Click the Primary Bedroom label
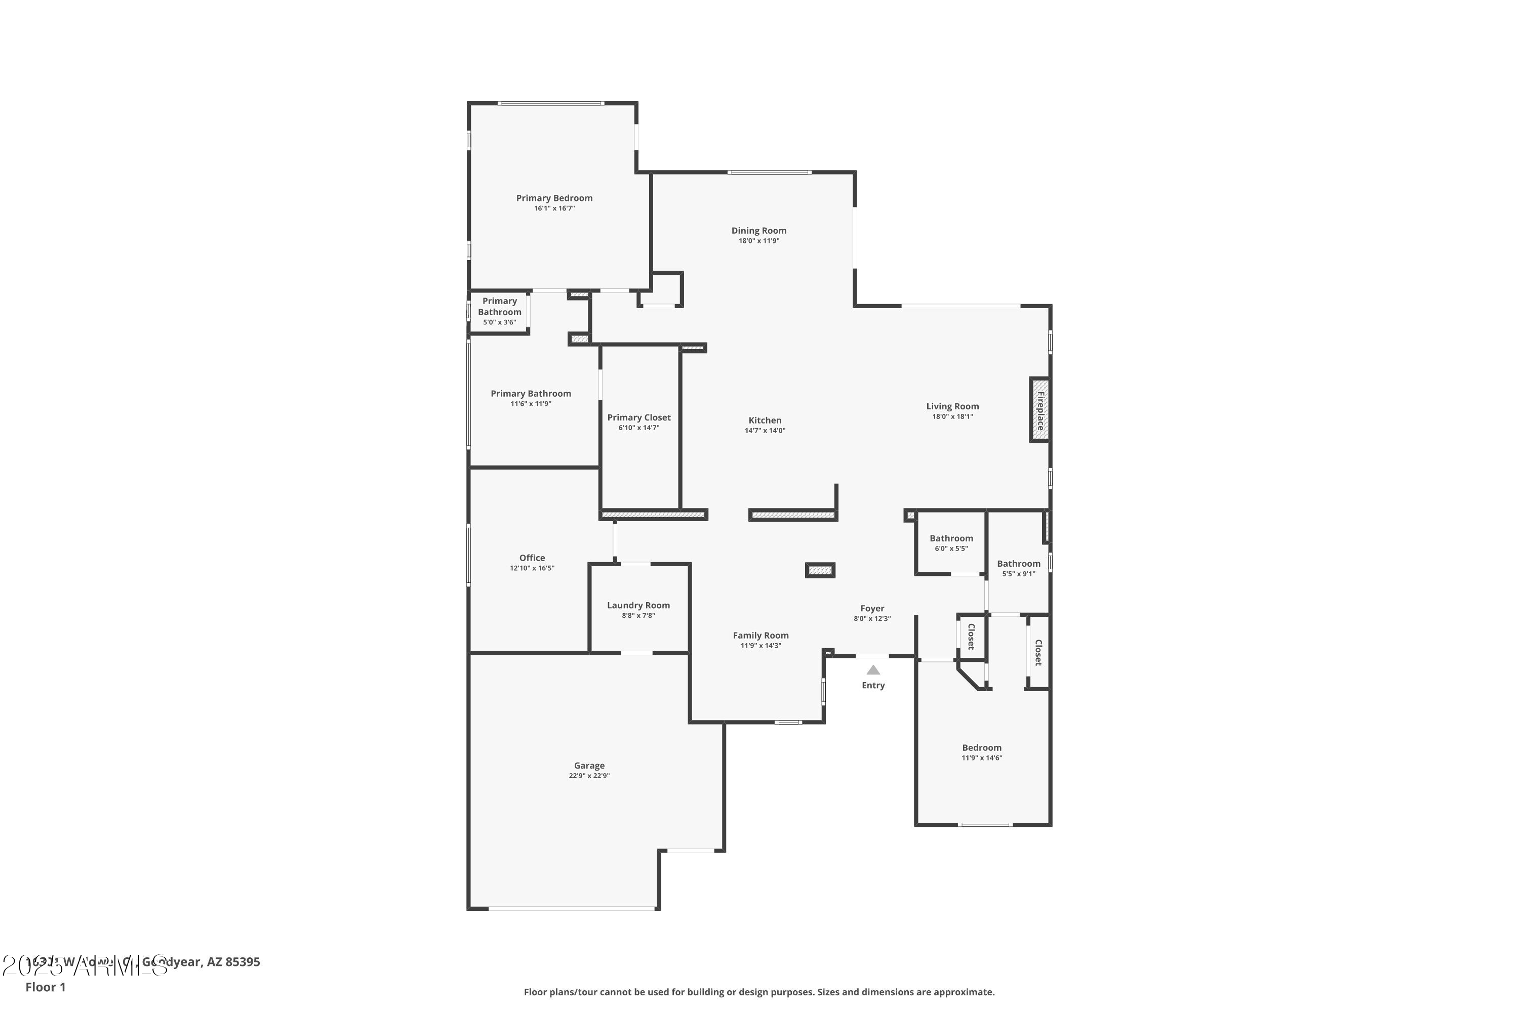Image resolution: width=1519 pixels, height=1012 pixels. (x=553, y=198)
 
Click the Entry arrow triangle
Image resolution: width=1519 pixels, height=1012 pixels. (x=872, y=670)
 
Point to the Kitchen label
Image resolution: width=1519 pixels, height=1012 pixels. (x=765, y=420)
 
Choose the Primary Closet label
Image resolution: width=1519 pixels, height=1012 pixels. (x=638, y=417)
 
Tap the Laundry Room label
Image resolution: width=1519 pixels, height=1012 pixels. (x=638, y=605)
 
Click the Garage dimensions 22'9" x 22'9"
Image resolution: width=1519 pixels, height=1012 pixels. (x=588, y=776)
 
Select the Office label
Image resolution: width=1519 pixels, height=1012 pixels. (x=532, y=558)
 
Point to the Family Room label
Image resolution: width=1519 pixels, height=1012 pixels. (x=760, y=635)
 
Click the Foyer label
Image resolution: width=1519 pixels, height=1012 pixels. (x=872, y=608)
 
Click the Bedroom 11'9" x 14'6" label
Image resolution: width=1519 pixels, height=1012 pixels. (x=981, y=747)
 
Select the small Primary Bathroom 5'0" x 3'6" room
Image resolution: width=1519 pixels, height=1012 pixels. (x=499, y=311)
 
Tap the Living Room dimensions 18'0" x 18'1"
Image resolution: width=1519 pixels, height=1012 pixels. (x=952, y=416)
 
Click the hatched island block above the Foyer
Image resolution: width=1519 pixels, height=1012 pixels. (x=820, y=571)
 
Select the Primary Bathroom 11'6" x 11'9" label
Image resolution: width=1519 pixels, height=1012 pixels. (x=530, y=394)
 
